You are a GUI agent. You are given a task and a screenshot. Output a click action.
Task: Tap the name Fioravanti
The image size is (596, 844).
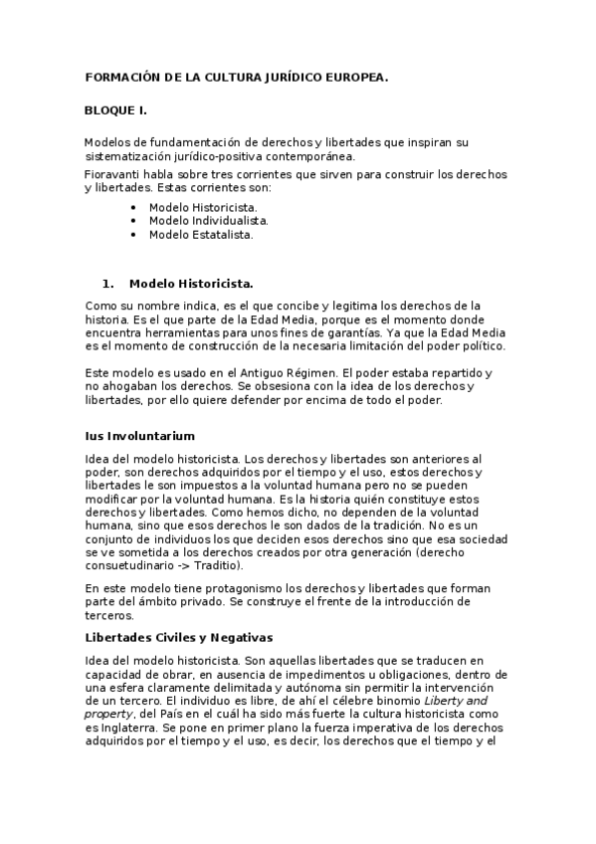113,174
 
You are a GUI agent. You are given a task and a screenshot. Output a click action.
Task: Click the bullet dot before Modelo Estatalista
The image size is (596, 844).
132,235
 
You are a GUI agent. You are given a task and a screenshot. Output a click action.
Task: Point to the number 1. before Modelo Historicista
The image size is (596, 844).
109,283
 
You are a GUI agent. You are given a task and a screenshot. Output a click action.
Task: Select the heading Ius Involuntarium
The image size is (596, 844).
139,436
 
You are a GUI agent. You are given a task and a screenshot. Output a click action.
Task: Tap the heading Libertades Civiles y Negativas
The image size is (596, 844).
179,637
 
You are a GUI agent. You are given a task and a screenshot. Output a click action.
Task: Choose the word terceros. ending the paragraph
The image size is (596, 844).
109,616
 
